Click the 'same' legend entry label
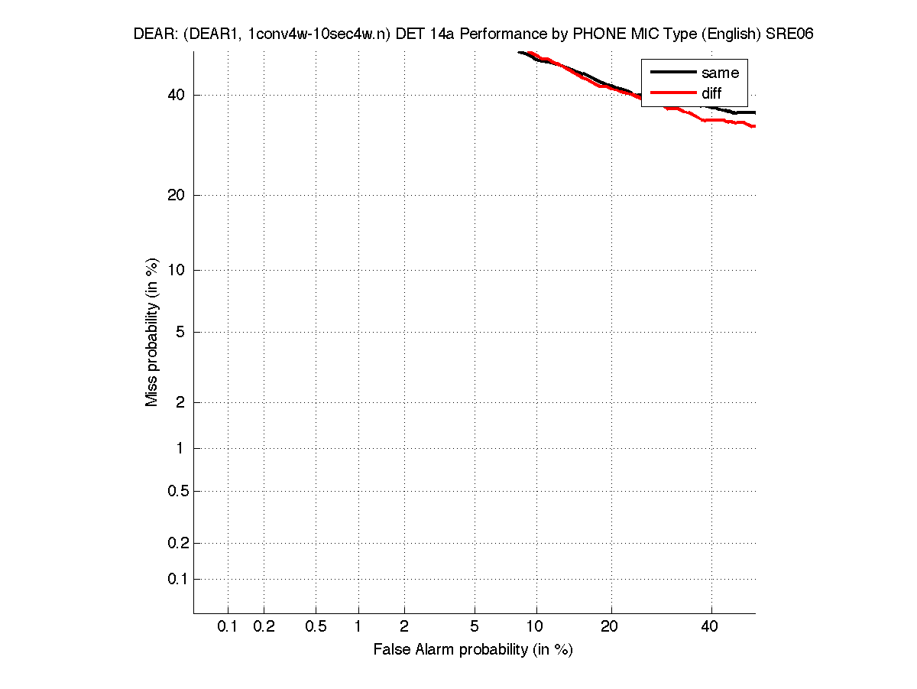coord(720,73)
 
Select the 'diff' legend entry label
coord(711,94)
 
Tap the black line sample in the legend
coord(672,73)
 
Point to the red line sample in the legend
coord(672,94)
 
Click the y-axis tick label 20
coord(177,195)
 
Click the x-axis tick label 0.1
coord(228,627)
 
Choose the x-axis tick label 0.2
coord(264,627)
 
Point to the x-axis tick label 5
coord(475,627)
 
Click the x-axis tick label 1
coord(358,627)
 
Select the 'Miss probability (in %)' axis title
coord(153,333)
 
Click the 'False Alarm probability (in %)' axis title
coord(473,650)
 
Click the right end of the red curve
coord(754,126)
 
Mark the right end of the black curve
coord(754,112)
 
